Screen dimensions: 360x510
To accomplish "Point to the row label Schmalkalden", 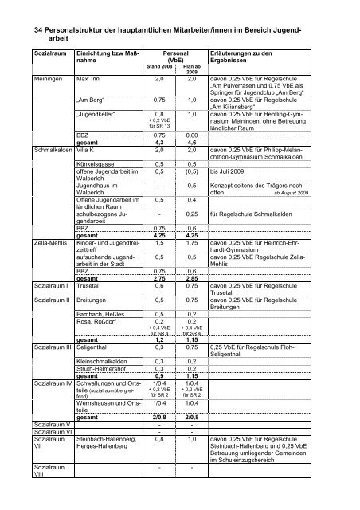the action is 31,149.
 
